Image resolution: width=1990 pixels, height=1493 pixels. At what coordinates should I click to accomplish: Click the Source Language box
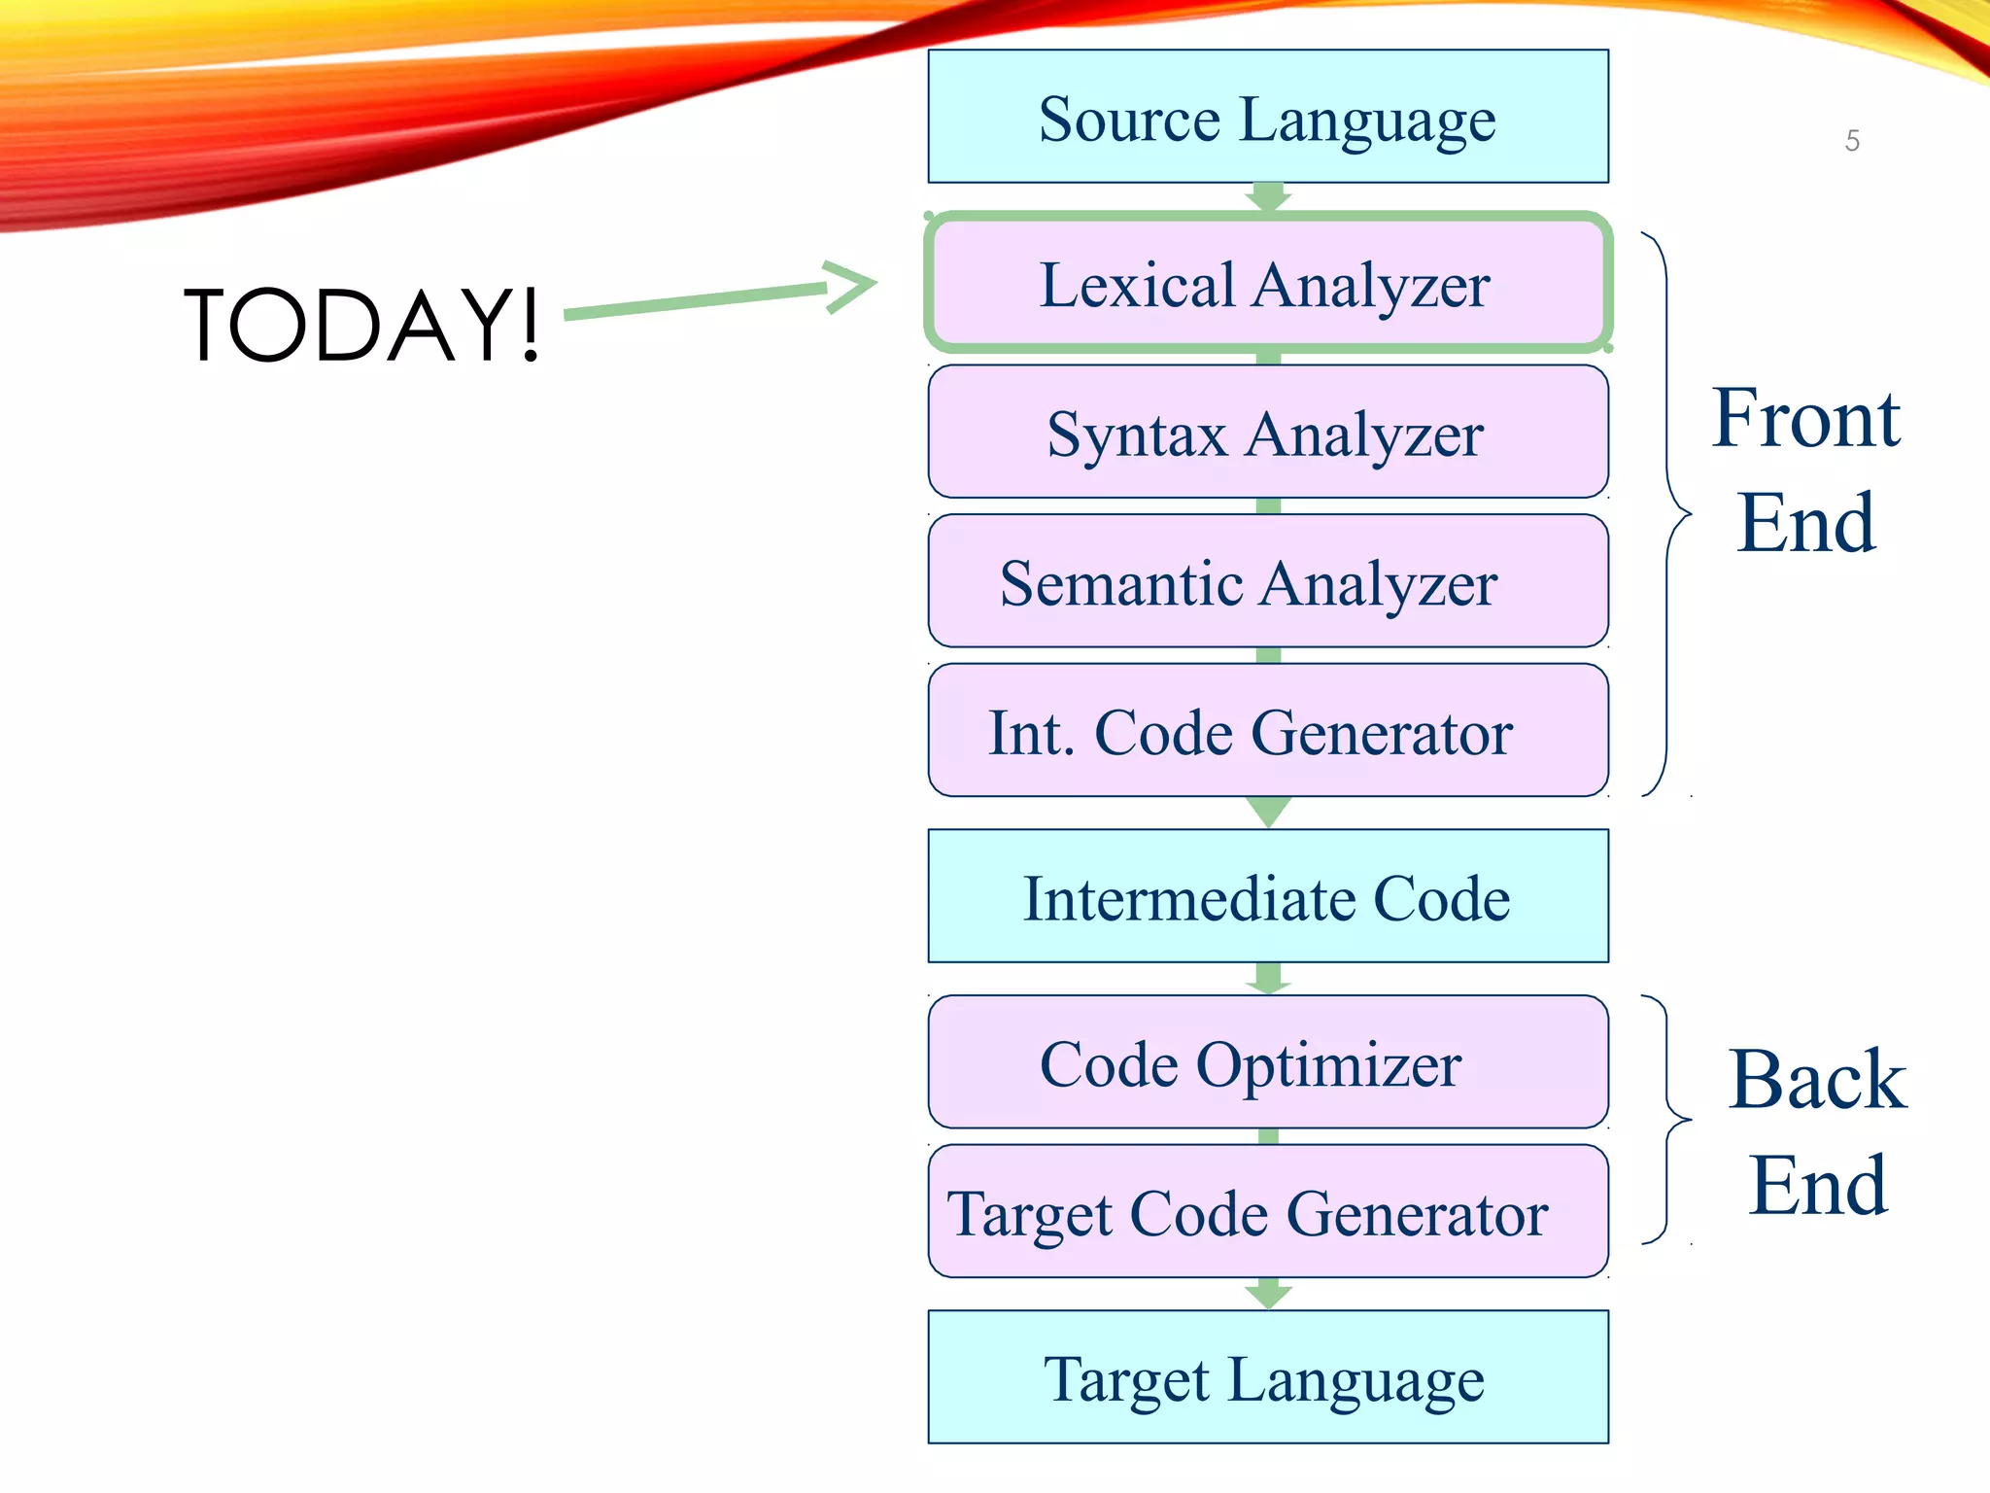[x=1268, y=117]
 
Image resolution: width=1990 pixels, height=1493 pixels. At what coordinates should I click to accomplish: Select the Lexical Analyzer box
[x=1268, y=283]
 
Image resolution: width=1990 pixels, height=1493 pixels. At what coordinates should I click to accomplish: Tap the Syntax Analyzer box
[x=1268, y=432]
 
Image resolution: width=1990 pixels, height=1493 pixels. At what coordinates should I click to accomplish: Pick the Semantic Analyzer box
[x=1268, y=581]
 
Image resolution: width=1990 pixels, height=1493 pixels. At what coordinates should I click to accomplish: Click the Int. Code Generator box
[x=1268, y=730]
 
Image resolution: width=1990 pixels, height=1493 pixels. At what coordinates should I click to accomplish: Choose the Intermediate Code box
[x=1268, y=896]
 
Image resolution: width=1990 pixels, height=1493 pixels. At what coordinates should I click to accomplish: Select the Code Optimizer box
[x=1268, y=1061]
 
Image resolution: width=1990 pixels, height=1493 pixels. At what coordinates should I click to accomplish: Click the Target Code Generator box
[x=1268, y=1211]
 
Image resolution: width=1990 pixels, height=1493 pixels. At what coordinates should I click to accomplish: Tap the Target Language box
[x=1268, y=1377]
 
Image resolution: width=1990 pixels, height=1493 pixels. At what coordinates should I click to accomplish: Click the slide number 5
[x=1852, y=141]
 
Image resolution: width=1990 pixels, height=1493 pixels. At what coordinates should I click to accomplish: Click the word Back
[x=1817, y=1080]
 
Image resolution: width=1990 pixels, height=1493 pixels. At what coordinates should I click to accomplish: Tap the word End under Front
[x=1805, y=523]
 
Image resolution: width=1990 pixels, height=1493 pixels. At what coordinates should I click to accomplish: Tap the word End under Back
[x=1817, y=1186]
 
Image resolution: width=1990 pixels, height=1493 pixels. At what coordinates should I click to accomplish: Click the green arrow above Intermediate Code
[x=1268, y=812]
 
